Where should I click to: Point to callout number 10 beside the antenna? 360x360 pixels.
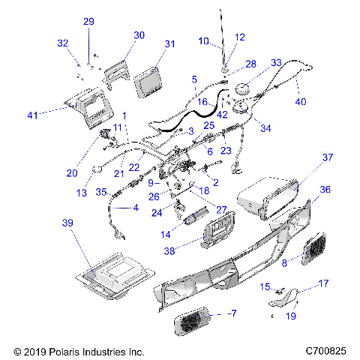pos(204,41)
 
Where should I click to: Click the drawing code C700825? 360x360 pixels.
pos(326,350)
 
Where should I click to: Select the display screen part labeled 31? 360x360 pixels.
pos(151,76)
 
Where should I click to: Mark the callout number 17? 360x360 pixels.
pos(324,283)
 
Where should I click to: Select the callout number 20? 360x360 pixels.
pos(72,172)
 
